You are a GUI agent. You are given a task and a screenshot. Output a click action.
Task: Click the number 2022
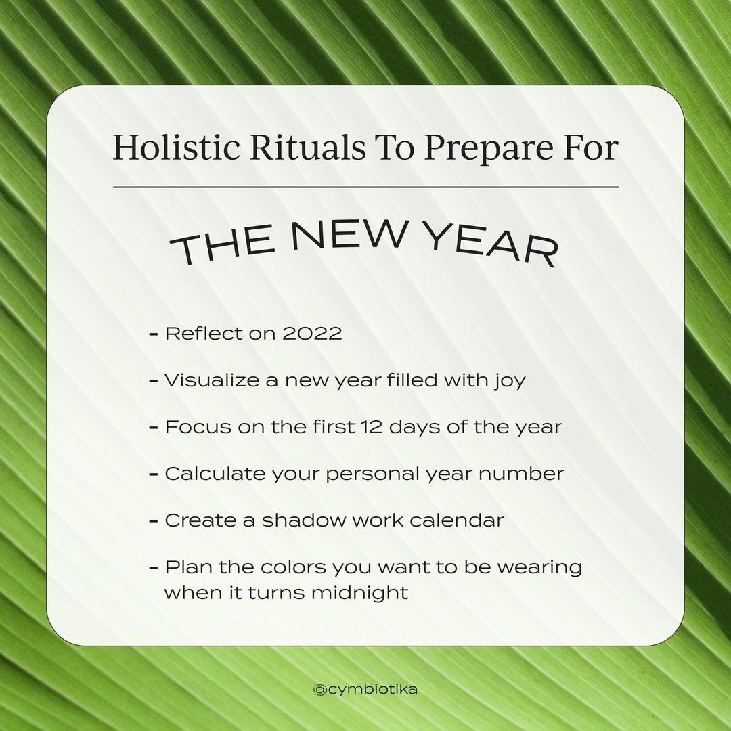[312, 333]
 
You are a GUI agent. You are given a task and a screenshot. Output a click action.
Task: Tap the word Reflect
[204, 333]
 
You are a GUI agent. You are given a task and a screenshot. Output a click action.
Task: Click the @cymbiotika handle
[365, 689]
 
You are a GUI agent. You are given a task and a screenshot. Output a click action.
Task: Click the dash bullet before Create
[154, 520]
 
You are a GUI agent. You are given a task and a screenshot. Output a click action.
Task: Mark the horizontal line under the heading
[365, 187]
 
